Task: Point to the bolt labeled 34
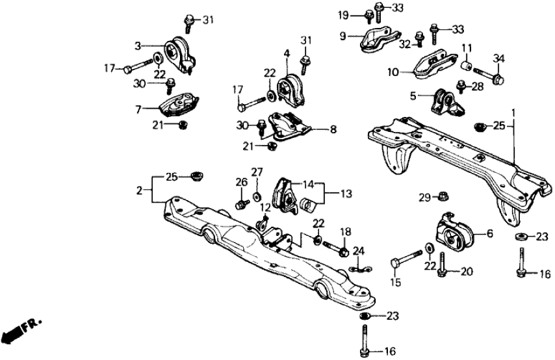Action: point(489,77)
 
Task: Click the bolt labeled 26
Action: point(241,204)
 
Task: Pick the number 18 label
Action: point(344,231)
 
